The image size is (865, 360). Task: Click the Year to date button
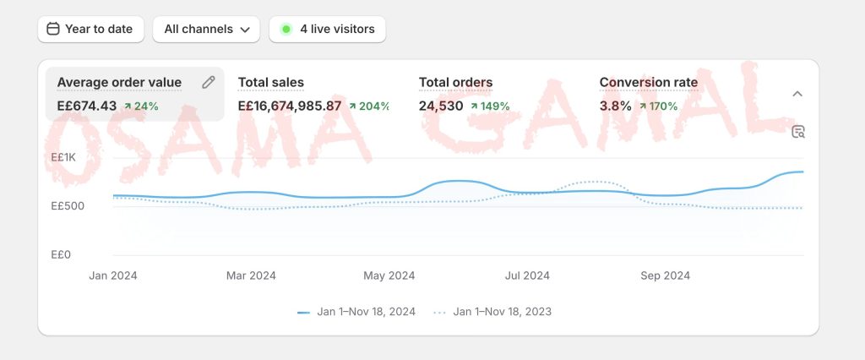click(x=90, y=29)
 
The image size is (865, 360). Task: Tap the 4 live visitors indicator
click(x=328, y=29)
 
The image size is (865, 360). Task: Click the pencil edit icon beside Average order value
click(x=209, y=82)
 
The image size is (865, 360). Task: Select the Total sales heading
click(x=270, y=82)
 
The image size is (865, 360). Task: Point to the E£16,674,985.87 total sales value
click(x=289, y=106)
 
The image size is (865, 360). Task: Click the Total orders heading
click(x=455, y=82)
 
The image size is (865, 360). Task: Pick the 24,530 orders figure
click(x=441, y=106)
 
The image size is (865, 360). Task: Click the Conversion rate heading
click(x=648, y=82)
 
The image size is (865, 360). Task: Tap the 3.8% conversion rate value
click(x=615, y=106)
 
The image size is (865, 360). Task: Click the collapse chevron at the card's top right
click(x=797, y=94)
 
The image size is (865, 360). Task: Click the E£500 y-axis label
click(x=68, y=206)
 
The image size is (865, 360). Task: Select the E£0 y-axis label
click(x=61, y=254)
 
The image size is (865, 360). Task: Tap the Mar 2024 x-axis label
click(x=251, y=275)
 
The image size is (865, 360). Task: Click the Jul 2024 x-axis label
click(x=527, y=275)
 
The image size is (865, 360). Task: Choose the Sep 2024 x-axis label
click(x=666, y=275)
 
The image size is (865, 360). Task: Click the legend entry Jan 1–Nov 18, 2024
click(x=356, y=312)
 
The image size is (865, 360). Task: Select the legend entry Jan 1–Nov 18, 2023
click(x=492, y=312)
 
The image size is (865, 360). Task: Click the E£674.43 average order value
click(x=86, y=106)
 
